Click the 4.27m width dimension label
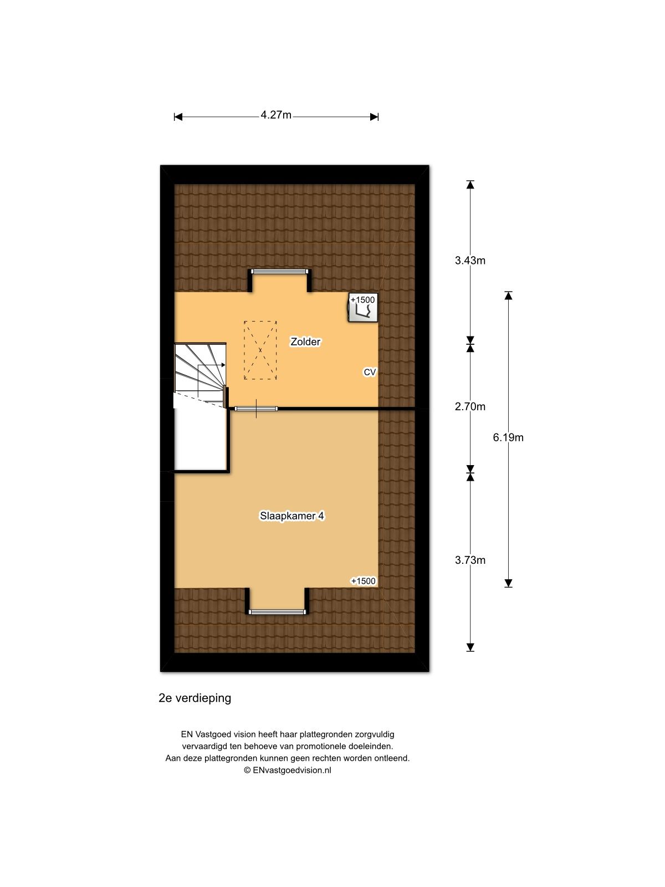[276, 115]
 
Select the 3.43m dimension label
[470, 261]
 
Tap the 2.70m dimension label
[470, 407]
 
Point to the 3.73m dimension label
[470, 560]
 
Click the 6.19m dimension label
[508, 437]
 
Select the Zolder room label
[305, 342]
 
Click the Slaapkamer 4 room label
[292, 516]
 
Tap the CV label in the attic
[370, 373]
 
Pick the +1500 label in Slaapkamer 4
[363, 581]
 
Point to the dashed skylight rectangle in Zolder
[260, 350]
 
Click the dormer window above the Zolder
[279, 272]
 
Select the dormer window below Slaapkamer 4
[277, 612]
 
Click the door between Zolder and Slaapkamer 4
[256, 409]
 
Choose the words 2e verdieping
[195, 699]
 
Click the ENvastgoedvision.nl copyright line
[287, 770]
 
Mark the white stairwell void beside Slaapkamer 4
[201, 438]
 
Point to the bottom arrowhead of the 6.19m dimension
[508, 583]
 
